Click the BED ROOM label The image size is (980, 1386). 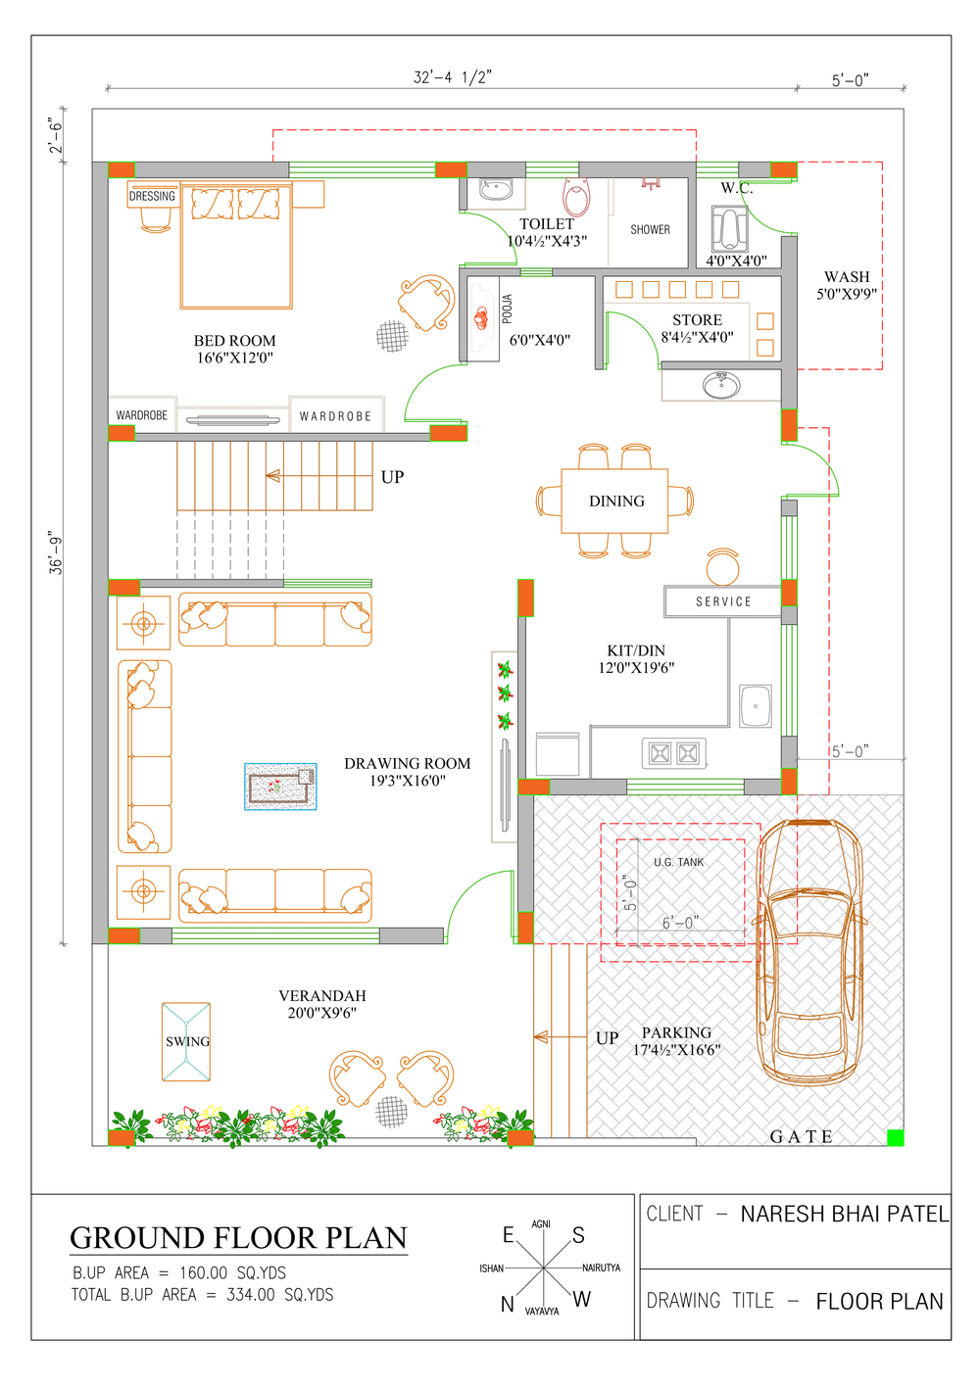click(x=234, y=340)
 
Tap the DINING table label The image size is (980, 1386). click(x=616, y=501)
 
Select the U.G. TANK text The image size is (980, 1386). click(x=678, y=862)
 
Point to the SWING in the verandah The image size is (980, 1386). click(x=186, y=1041)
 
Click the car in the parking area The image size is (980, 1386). click(x=809, y=953)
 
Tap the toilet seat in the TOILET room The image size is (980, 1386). click(x=576, y=196)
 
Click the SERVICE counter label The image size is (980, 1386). click(x=723, y=601)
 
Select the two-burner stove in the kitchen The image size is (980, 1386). click(x=673, y=753)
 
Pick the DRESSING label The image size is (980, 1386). click(x=152, y=196)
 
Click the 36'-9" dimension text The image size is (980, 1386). click(x=56, y=551)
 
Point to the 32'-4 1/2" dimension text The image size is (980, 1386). click(x=452, y=77)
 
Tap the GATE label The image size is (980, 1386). click(x=801, y=1136)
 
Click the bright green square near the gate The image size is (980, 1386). click(x=895, y=1137)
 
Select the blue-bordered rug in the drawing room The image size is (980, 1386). click(x=280, y=787)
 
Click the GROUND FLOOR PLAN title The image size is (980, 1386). click(x=238, y=1238)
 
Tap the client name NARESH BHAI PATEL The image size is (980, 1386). click(x=845, y=1214)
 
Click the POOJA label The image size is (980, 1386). click(x=507, y=309)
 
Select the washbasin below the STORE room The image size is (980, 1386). click(x=721, y=386)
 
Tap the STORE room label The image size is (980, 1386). click(x=697, y=320)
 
